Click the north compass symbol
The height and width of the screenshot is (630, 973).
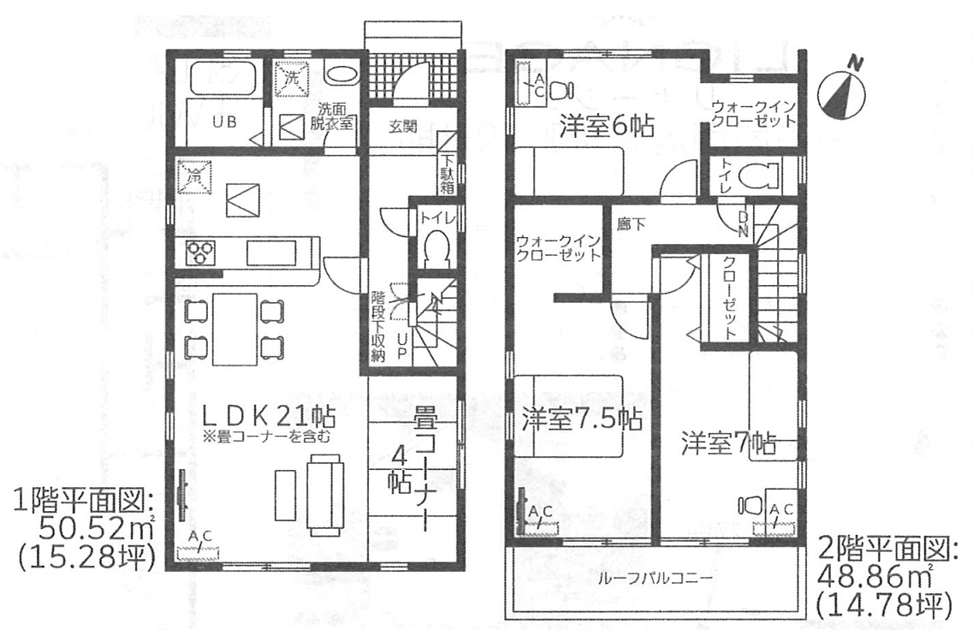tap(841, 92)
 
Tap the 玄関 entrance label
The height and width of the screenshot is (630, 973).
tap(403, 127)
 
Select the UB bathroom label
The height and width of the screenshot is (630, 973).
tap(224, 122)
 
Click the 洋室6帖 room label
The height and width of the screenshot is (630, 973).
tap(606, 127)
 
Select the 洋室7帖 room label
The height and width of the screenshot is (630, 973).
tap(728, 443)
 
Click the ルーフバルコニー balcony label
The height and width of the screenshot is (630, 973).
tap(656, 579)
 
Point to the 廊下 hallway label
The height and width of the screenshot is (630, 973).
tap(631, 224)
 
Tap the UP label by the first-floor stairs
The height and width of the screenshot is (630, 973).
tap(402, 347)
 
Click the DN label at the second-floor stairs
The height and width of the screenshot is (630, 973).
tap(742, 224)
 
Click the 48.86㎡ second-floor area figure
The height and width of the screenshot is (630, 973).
tap(875, 577)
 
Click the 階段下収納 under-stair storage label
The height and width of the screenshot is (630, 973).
tap(378, 325)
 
